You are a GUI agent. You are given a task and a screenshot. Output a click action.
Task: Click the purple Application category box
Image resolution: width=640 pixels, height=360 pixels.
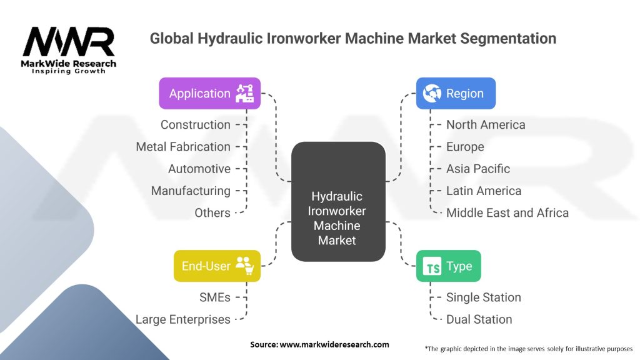[209, 94]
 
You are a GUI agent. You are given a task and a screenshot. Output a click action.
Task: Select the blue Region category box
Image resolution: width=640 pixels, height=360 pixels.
[456, 94]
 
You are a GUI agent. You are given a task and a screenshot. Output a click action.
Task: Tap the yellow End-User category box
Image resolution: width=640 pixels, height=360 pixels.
[217, 266]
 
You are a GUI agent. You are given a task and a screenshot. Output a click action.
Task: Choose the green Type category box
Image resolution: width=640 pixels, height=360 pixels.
[448, 266]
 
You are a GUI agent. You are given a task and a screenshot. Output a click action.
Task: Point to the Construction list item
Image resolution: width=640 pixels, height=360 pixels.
[195, 124]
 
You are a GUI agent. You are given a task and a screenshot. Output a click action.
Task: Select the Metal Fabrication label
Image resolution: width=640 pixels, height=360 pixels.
[183, 147]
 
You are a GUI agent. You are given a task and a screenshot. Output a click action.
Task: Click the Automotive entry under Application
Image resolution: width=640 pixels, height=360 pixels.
[199, 169]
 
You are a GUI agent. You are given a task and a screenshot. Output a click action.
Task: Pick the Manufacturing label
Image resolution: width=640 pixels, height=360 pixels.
[191, 191]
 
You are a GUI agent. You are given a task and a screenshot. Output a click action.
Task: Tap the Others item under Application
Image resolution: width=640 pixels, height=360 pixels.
[212, 212]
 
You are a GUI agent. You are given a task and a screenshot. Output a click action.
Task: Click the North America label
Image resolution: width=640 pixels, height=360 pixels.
[486, 124]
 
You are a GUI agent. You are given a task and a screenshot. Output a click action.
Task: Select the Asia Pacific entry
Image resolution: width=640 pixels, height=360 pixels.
[477, 169]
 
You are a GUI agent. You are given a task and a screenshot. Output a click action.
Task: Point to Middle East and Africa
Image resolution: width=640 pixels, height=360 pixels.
[507, 212]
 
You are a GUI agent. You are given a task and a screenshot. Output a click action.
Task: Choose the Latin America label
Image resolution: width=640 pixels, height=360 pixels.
[483, 191]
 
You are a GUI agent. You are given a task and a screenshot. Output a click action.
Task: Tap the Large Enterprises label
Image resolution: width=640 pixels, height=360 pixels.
[182, 319]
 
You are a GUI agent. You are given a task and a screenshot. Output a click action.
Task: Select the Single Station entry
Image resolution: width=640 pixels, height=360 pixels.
[483, 297]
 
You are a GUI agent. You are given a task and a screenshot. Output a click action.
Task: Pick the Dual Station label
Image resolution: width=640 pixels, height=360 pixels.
[479, 319]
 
